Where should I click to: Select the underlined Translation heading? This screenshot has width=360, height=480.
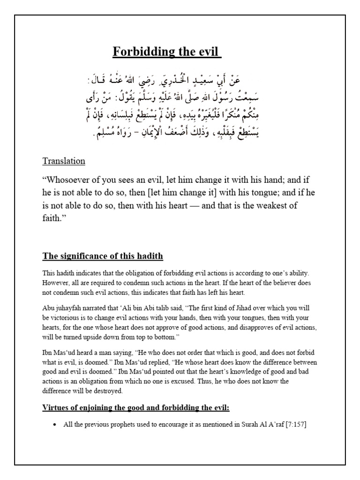click(x=64, y=161)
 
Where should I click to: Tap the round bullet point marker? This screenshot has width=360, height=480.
click(x=55, y=425)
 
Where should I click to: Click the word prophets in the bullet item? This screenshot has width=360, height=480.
click(x=118, y=425)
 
